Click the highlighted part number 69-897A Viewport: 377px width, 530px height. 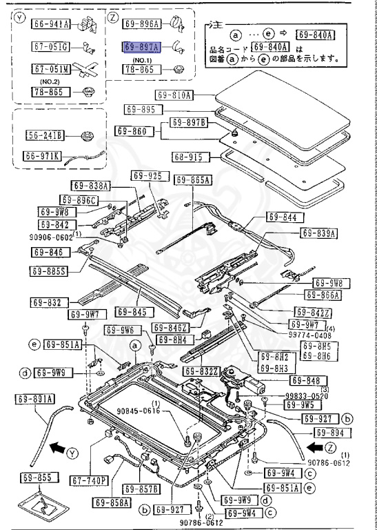coord(141,47)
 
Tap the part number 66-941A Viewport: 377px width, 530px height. coord(52,24)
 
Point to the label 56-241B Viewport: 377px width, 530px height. coord(45,135)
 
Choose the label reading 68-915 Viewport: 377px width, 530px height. coord(187,157)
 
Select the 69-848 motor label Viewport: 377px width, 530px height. coord(304,380)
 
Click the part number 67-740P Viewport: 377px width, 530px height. coord(90,480)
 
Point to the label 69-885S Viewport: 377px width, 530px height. coord(48,270)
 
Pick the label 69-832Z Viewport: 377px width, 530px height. coord(200,371)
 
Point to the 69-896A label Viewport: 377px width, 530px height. coord(142,24)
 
